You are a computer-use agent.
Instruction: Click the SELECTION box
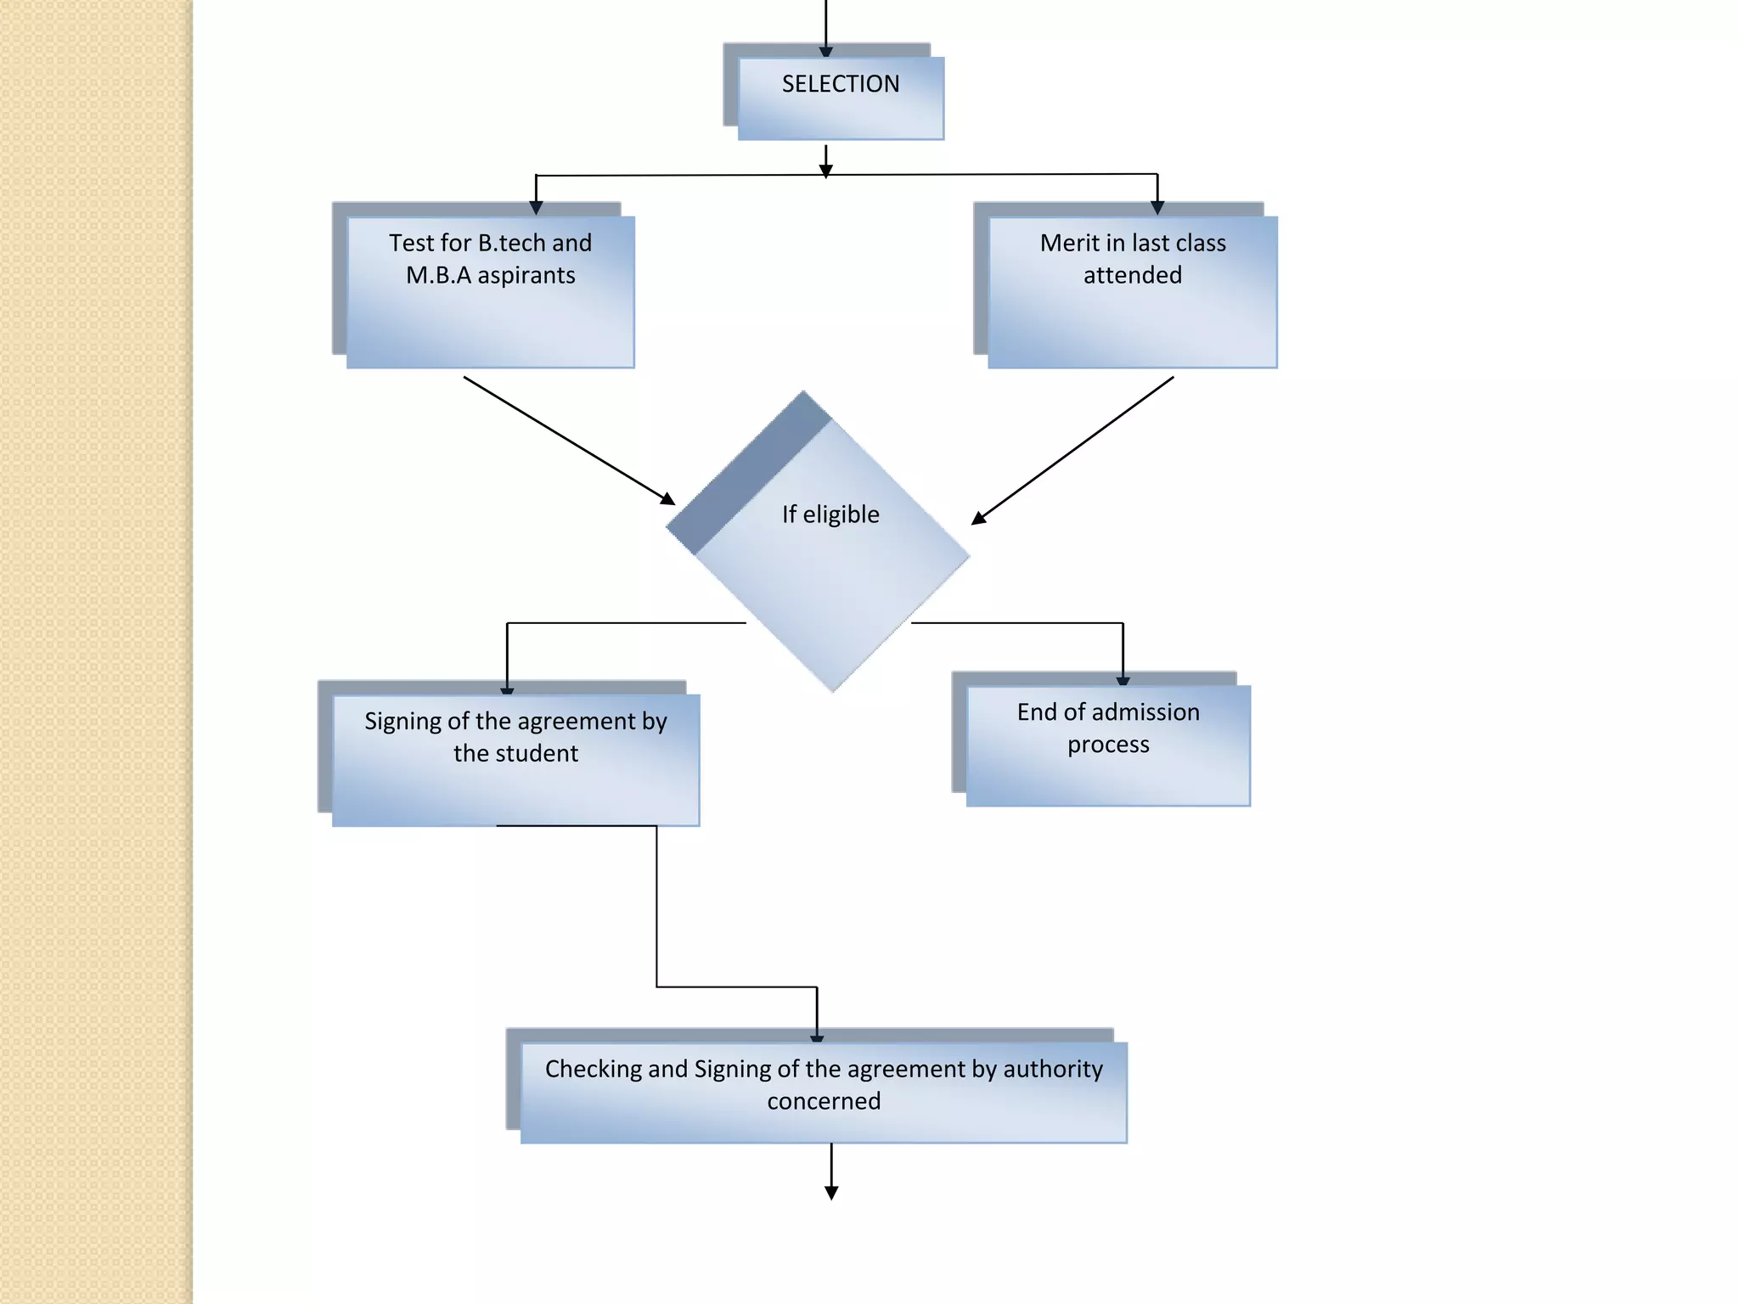(x=841, y=98)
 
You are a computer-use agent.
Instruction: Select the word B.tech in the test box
(x=512, y=243)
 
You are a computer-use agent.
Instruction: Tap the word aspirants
(x=526, y=276)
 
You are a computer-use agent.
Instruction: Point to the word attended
(x=1133, y=276)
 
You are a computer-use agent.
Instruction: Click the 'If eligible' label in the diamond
(x=830, y=514)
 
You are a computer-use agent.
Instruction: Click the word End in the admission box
(x=1035, y=711)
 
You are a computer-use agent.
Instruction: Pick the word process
(x=1108, y=745)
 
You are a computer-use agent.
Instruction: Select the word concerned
(x=824, y=1101)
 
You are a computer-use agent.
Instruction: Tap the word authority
(x=1053, y=1069)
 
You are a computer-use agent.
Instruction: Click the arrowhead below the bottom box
(x=831, y=1193)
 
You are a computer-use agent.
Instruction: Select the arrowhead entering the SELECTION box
(x=825, y=53)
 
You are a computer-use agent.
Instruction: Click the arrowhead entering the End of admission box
(x=1123, y=681)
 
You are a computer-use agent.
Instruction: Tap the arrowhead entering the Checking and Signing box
(x=817, y=1038)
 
